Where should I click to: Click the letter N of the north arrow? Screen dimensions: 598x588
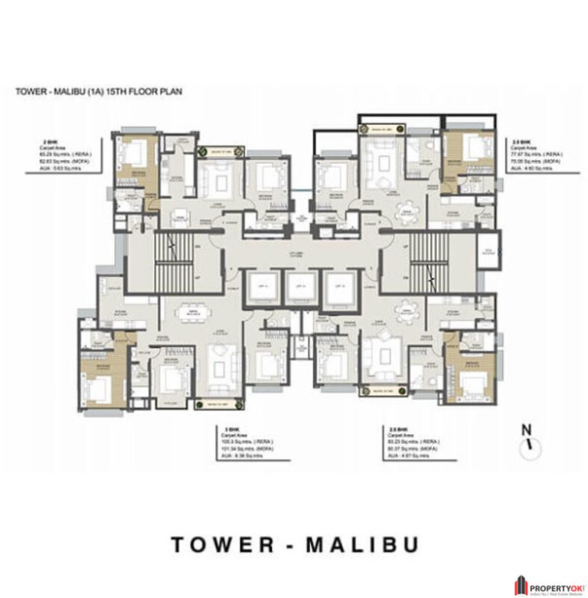pos(525,430)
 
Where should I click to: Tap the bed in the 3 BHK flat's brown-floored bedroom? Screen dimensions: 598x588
pos(99,381)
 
